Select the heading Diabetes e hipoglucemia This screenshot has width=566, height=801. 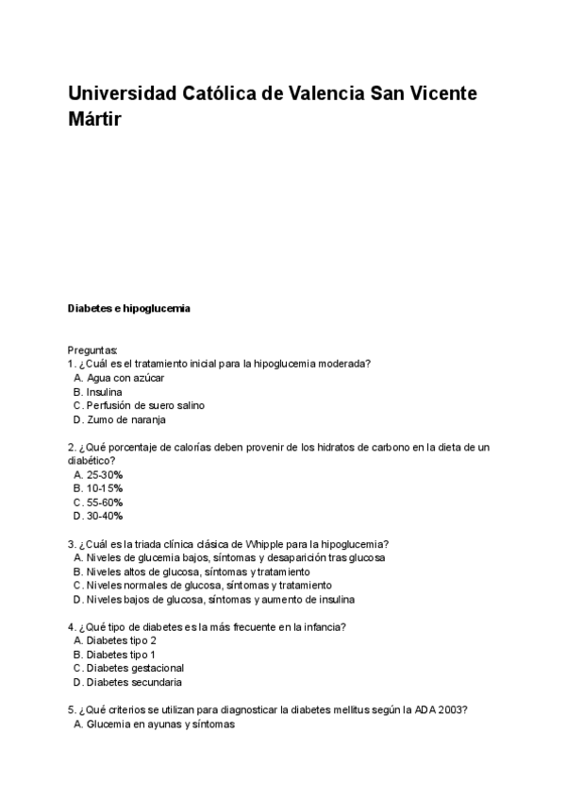click(x=129, y=308)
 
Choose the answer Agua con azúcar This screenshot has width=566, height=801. click(x=125, y=377)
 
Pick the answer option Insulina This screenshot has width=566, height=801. click(x=104, y=391)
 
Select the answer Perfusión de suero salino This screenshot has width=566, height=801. click(x=144, y=405)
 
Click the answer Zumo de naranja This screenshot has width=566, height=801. click(x=125, y=419)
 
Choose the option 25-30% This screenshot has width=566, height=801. click(x=104, y=474)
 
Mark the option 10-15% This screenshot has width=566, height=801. click(x=104, y=488)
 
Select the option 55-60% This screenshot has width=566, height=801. click(x=104, y=503)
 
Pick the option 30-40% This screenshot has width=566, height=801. click(x=104, y=517)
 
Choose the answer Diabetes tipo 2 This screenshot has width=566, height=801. click(x=121, y=640)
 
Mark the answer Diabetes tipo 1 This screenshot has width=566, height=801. click(x=121, y=655)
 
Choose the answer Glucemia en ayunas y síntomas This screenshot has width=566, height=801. click(x=159, y=724)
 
